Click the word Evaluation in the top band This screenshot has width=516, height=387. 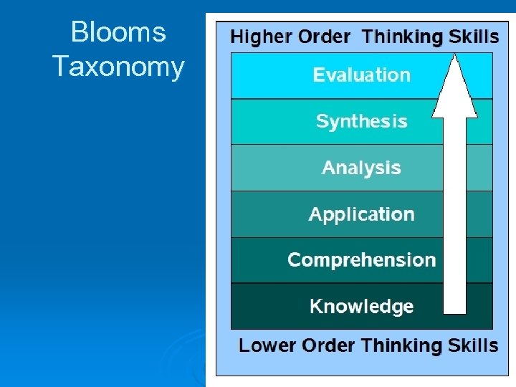point(361,75)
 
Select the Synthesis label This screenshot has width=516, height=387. point(361,121)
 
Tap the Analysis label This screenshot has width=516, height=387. point(361,168)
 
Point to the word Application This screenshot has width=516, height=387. point(361,214)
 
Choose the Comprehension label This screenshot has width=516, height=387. point(361,259)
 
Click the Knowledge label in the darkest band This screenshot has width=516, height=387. point(361,307)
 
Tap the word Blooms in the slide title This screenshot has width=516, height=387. point(118,32)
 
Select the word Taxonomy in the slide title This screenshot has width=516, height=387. point(118,67)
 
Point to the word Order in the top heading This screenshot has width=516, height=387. point(324,37)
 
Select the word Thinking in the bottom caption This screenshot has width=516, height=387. point(402,345)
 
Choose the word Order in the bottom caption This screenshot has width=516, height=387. point(327,345)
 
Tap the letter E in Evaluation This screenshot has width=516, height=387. point(318,75)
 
